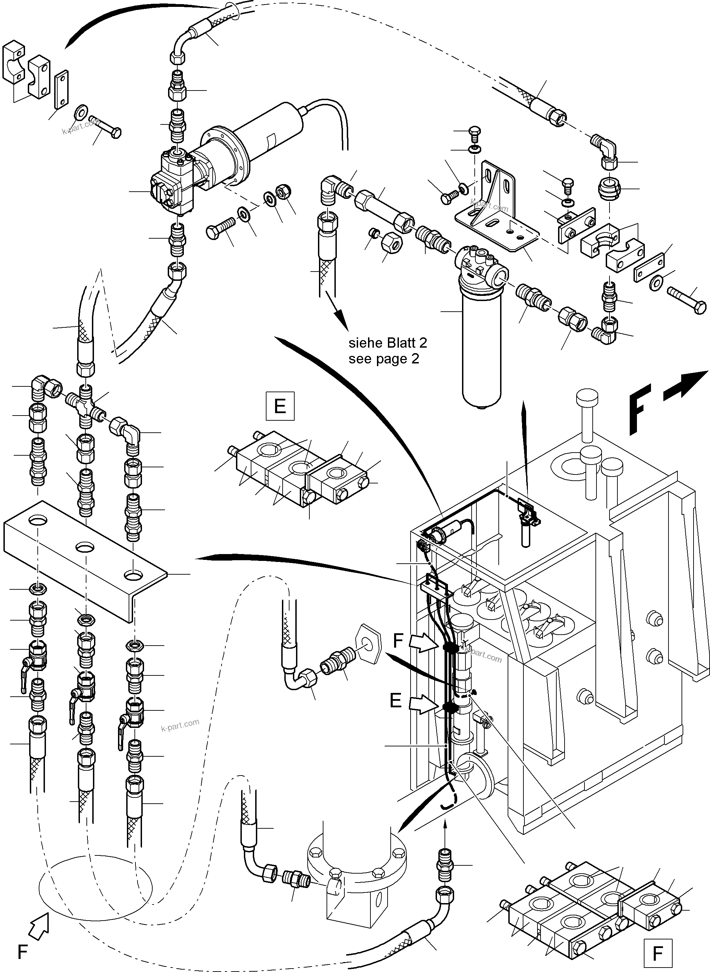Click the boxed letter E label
[280, 406]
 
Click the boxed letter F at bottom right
[658, 953]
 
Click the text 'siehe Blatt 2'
[388, 343]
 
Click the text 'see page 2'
[383, 359]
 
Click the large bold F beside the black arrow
[640, 408]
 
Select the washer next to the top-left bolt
[80, 112]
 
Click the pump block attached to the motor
[174, 185]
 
